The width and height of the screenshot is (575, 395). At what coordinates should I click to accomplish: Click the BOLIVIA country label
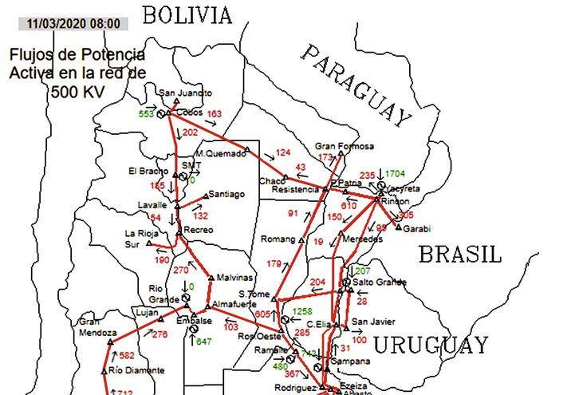pos(188,14)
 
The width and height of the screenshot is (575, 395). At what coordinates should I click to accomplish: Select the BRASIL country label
pos(461,255)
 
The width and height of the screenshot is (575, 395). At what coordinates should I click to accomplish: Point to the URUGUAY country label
pos(431,346)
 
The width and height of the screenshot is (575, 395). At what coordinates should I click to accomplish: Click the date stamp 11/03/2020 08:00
pos(73,23)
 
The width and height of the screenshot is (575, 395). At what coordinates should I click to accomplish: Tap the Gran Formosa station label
pos(345,147)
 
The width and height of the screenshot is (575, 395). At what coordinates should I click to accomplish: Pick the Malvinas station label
pos(234,278)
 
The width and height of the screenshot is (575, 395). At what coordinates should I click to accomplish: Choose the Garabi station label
pos(417,229)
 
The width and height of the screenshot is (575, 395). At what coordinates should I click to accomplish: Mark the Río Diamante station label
pos(137,370)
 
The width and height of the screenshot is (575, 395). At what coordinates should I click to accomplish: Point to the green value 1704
pos(396,173)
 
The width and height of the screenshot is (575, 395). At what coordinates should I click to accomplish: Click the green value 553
pos(146,114)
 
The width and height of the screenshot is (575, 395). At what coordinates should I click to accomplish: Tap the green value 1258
pos(302,311)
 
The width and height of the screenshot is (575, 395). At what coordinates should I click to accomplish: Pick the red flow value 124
pos(284,152)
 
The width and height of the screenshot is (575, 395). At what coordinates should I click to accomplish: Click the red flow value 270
pos(181,270)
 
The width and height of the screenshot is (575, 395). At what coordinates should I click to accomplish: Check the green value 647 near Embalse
pos(204,342)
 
